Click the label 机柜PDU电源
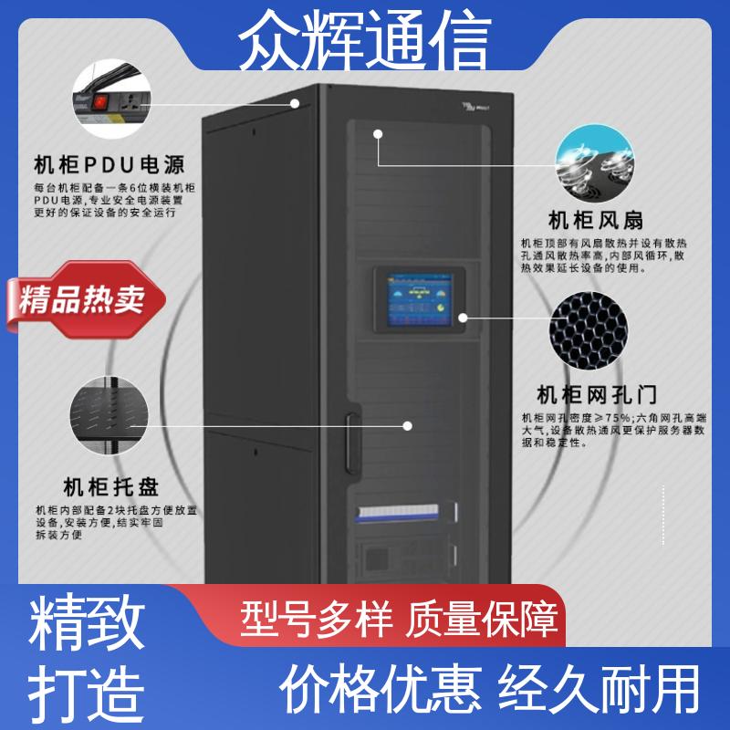[x=109, y=165]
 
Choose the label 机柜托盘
[x=109, y=485]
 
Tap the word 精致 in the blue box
[x=88, y=623]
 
